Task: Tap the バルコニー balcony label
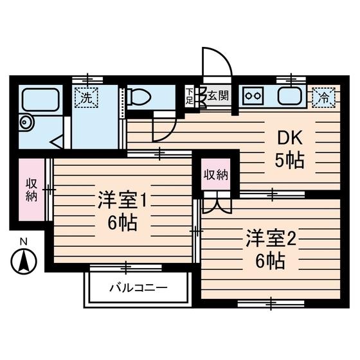tap(138, 287)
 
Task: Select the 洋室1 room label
tap(123, 200)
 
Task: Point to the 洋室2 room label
tap(269, 238)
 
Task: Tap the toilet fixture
tap(138, 97)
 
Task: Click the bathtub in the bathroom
tap(41, 100)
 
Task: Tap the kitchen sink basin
tap(290, 98)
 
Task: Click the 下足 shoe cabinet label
tap(189, 96)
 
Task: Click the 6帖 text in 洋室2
tap(270, 261)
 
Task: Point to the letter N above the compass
tap(23, 242)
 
